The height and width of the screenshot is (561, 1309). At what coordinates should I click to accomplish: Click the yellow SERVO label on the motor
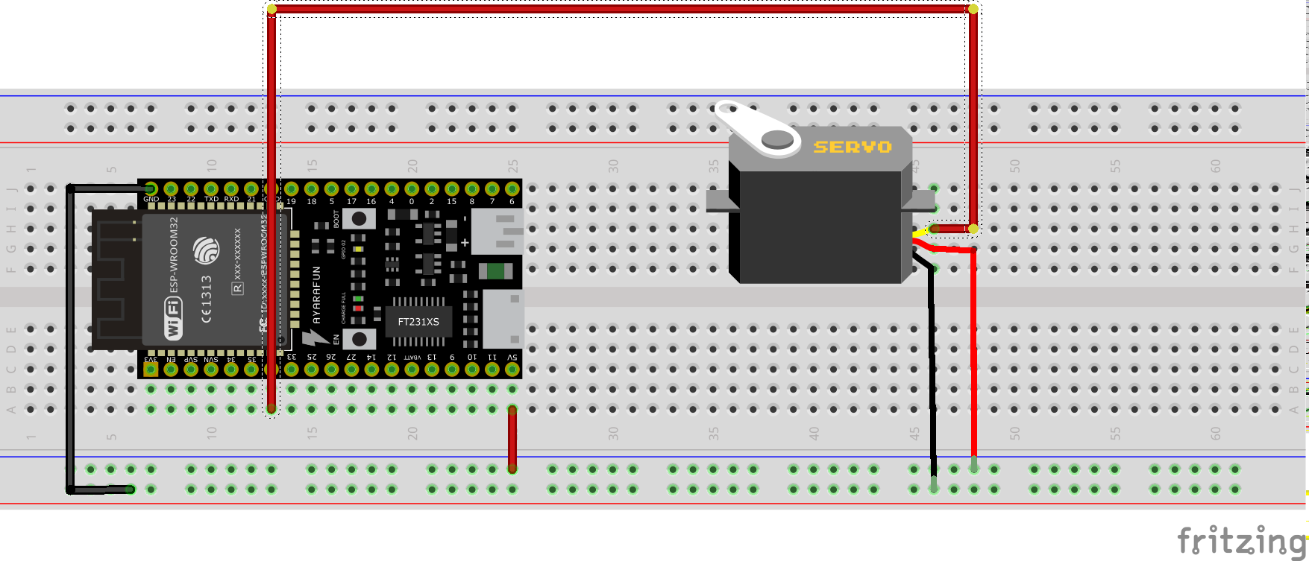pos(853,147)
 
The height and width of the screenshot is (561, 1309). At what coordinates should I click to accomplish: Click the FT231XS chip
pos(418,321)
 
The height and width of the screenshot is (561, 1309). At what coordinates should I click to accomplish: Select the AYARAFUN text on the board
pos(316,295)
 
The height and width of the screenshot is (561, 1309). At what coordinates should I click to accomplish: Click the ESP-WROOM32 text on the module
pos(174,254)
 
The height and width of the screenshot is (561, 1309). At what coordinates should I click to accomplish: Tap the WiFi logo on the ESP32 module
pos(173,317)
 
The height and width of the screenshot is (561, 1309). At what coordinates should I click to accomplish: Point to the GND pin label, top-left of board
pos(151,199)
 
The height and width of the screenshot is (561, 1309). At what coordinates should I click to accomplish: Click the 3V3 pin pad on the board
pos(151,369)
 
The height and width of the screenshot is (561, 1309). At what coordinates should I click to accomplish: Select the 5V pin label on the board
pos(512,358)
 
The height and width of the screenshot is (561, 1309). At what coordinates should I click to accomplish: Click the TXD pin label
pos(211,199)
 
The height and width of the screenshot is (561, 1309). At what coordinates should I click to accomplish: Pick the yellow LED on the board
pos(358,249)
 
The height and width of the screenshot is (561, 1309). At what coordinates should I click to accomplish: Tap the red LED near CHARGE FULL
pos(358,308)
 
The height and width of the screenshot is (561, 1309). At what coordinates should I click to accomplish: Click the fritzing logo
pos(1241,539)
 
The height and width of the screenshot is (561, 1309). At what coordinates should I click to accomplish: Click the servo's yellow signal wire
pos(922,232)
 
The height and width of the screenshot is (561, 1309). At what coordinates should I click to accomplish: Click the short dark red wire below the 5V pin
pos(512,440)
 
